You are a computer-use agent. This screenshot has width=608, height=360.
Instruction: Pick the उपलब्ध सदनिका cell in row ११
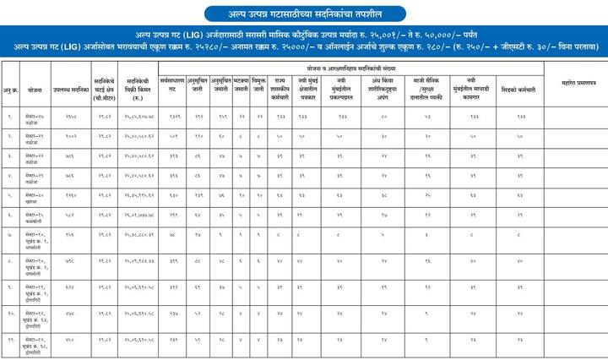pyautogui.click(x=70, y=341)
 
